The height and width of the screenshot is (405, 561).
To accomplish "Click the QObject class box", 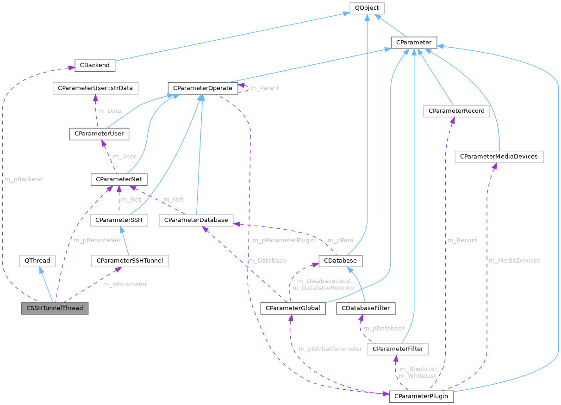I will coord(367,8).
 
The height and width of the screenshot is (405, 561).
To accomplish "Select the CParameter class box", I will coord(413,43).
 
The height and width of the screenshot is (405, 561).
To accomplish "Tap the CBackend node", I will coord(95,65).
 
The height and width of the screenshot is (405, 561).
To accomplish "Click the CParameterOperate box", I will coord(203,87).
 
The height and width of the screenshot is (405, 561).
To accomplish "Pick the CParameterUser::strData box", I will coord(95,87).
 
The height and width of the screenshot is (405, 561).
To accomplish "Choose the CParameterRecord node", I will coord(456,111).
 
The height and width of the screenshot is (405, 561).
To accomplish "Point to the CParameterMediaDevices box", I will coord(499,156).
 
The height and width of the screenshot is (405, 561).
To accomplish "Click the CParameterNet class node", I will coord(119,179).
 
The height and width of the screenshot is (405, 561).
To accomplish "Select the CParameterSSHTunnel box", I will coord(130,261).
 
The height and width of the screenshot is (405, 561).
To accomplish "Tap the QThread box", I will coord(37,261).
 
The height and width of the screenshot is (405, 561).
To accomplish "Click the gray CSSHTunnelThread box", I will coord(55,308).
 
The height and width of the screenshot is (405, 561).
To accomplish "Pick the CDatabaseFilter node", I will coord(366,308).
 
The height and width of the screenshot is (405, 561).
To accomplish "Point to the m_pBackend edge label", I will coord(23,179).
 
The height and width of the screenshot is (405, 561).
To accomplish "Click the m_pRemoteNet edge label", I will coord(97,240).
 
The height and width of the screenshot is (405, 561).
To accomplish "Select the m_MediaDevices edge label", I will coord(514,261).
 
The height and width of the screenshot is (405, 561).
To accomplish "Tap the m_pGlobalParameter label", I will coord(330,349).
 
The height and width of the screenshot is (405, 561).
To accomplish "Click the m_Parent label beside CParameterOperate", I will coord(265,88).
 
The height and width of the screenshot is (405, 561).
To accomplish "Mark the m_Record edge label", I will coord(462,240).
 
